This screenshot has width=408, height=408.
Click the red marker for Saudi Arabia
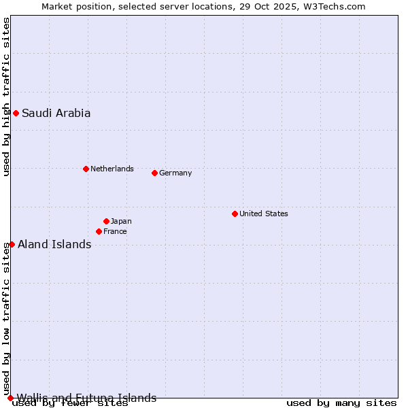[16, 113]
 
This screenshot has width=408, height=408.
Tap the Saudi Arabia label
[56, 114]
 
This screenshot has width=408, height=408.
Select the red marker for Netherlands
[86, 169]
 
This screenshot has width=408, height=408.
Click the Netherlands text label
[112, 169]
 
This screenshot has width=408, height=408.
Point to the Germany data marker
[154, 173]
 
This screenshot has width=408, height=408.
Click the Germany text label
[175, 173]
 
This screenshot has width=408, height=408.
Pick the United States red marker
[235, 214]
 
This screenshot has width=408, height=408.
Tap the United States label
[264, 214]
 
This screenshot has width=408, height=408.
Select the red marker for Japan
[106, 221]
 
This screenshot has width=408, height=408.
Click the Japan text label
[121, 221]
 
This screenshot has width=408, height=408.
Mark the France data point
[99, 231]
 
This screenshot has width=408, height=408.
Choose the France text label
[115, 231]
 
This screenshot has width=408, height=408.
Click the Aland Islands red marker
[12, 244]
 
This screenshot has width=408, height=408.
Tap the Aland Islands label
[54, 245]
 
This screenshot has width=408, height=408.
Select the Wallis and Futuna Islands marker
[10, 398]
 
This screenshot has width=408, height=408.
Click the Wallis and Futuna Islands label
[86, 398]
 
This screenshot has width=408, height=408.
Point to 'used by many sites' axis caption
[341, 403]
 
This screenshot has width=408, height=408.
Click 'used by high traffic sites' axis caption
[7, 97]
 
